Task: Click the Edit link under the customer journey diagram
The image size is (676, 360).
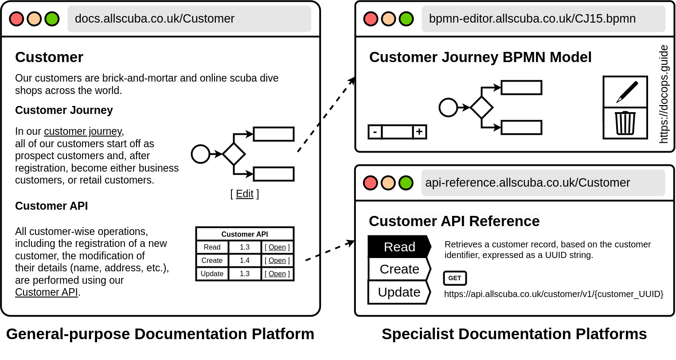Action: tap(245, 194)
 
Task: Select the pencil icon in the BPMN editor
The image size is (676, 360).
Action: tap(625, 92)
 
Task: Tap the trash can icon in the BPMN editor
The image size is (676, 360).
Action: tap(625, 123)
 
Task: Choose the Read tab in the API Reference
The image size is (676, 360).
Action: tap(399, 247)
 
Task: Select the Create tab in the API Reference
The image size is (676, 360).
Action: tap(399, 269)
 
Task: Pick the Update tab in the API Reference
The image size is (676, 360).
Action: tap(399, 292)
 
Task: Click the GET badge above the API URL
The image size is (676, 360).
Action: tap(455, 278)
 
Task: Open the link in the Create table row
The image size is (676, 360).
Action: tap(277, 260)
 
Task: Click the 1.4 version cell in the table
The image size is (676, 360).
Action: tap(245, 260)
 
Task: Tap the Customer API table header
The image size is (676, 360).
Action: tap(245, 234)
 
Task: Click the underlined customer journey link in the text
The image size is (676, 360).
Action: tap(82, 131)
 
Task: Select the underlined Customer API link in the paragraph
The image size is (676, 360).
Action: tap(47, 292)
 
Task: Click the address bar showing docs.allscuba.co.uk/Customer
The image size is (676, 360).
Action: tap(189, 19)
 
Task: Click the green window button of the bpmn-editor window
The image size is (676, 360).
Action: tap(406, 19)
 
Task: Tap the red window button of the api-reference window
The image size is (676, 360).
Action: tap(370, 183)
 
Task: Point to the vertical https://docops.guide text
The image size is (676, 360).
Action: tap(664, 94)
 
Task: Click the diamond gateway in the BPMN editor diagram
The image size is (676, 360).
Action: tap(481, 107)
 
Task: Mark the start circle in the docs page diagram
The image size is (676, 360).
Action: tap(200, 154)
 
